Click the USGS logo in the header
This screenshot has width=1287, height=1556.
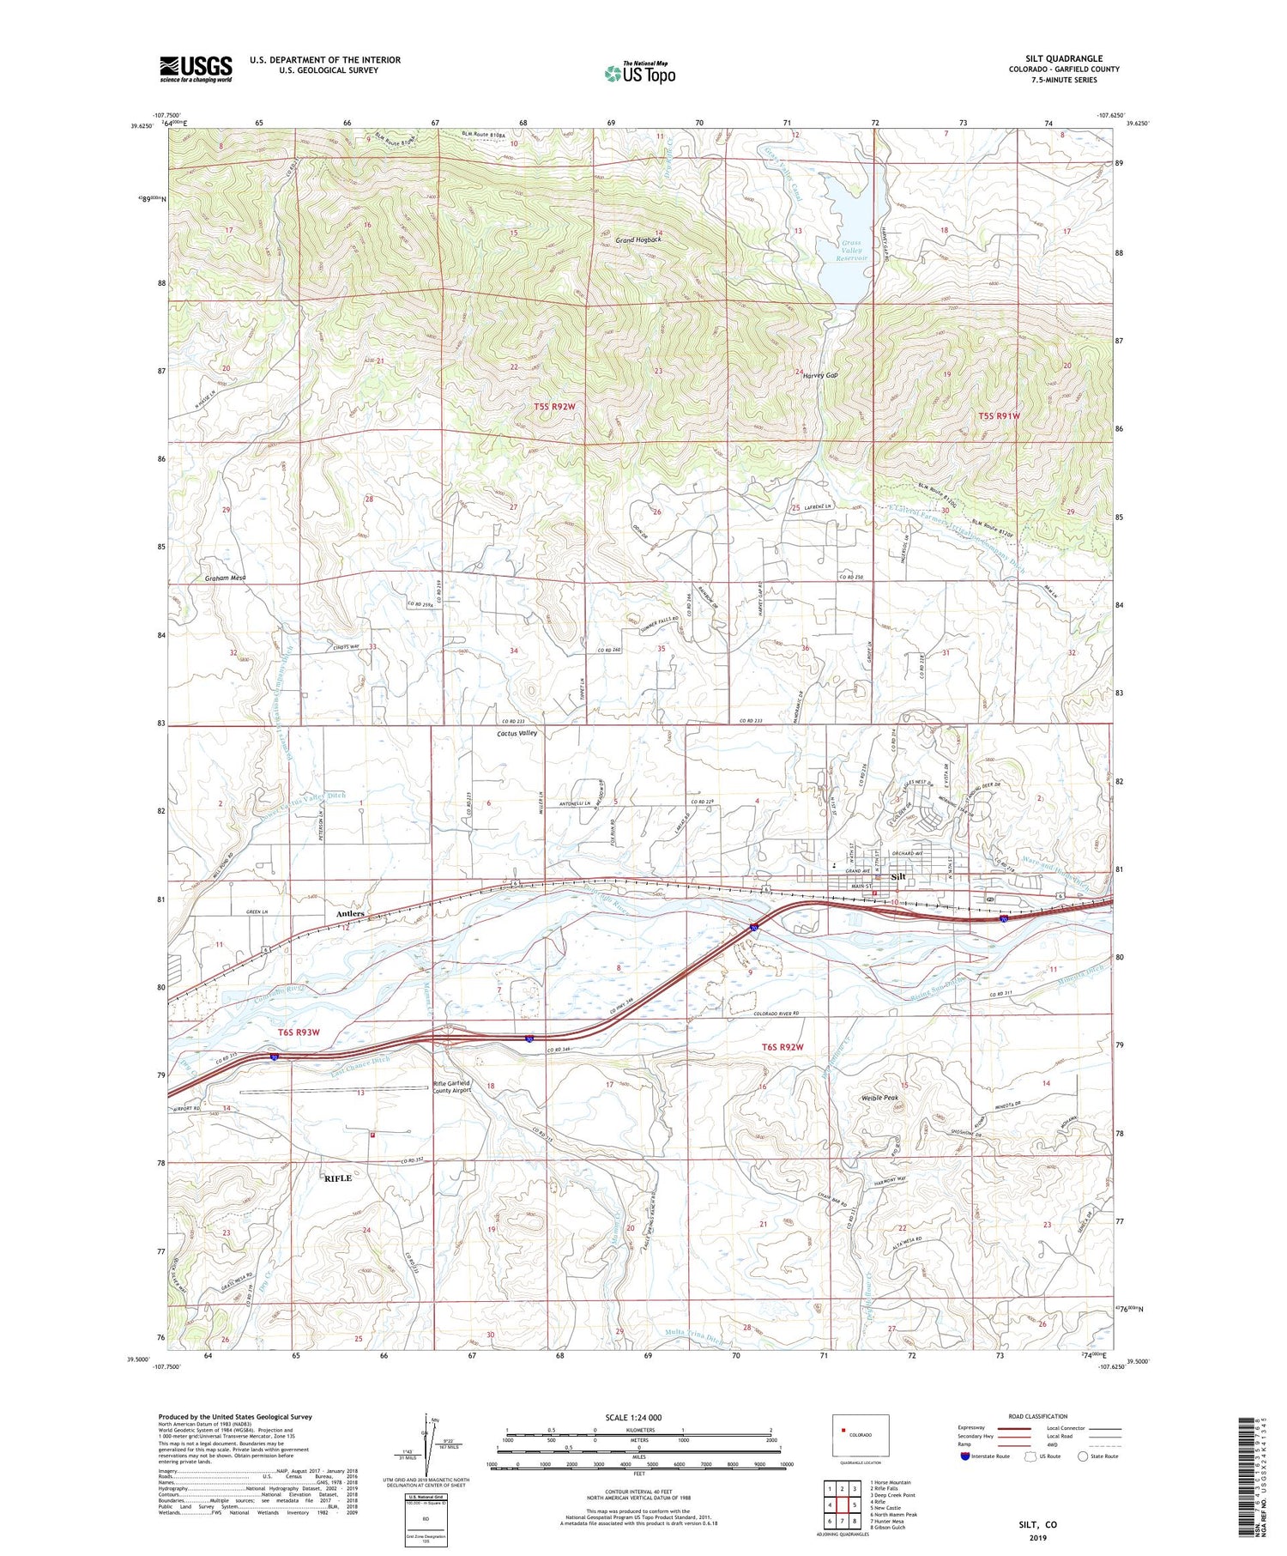coord(196,69)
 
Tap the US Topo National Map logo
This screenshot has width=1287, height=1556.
coord(639,73)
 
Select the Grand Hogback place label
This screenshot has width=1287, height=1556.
coord(637,240)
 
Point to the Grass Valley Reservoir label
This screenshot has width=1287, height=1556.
coord(852,250)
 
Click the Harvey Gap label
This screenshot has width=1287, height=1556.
coord(821,375)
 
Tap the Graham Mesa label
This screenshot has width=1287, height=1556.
coord(226,578)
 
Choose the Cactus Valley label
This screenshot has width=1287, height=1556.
coord(517,734)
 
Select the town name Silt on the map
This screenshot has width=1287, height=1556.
coord(898,877)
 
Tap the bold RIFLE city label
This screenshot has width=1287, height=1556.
coord(337,1178)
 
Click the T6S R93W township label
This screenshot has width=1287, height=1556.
coord(299,1032)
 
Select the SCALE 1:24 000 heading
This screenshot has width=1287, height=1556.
coord(634,1417)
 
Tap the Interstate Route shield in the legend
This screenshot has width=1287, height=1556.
coord(965,1456)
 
